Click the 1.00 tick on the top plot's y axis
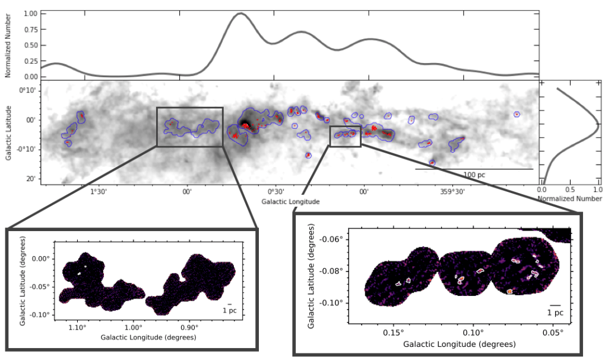[30, 13]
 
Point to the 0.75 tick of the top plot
[30, 29]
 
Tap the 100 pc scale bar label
[474, 175]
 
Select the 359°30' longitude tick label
[452, 192]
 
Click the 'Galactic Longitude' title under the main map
[290, 202]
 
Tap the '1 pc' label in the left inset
[229, 310]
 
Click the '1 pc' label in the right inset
[555, 312]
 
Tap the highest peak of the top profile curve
[240, 13]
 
